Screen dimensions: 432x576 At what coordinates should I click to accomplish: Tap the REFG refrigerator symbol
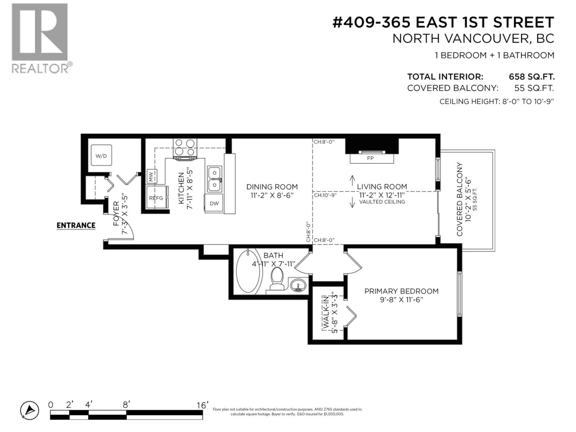point(156,198)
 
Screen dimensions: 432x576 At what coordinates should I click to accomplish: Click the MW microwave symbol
point(151,176)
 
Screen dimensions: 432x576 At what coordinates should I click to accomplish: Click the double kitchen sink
point(214,179)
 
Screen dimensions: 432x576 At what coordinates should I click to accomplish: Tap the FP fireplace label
point(370,158)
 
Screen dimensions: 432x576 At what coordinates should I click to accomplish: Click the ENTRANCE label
point(76,225)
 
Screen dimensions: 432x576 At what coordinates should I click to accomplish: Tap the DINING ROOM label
point(272,187)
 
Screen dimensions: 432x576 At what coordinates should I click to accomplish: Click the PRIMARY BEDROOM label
point(401,291)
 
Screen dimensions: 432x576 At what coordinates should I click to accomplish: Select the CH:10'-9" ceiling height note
point(325,195)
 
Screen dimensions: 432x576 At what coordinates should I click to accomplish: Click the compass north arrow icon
point(30,411)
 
